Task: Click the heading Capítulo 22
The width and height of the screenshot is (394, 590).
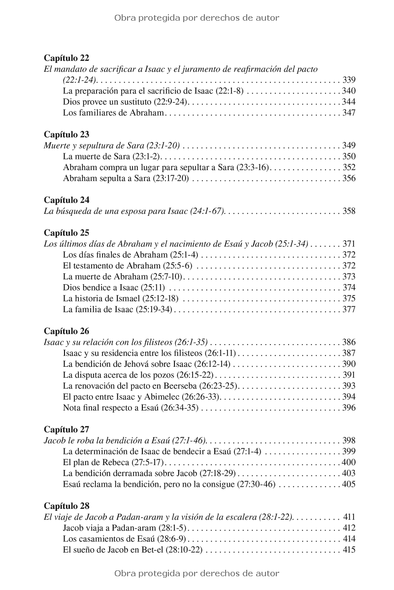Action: (x=66, y=58)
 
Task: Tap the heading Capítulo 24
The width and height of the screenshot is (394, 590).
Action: (x=66, y=200)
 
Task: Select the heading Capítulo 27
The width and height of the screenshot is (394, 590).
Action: (x=66, y=429)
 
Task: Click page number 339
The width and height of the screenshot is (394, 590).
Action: (x=349, y=80)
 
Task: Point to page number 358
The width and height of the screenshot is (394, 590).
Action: (x=349, y=211)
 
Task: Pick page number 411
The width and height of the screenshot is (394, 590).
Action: (x=349, y=517)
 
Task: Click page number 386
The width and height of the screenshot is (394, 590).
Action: (x=349, y=342)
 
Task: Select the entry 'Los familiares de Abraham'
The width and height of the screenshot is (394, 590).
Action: (x=113, y=113)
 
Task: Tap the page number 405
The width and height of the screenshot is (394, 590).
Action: (x=349, y=484)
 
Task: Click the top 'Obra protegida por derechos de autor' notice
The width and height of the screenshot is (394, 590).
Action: (x=197, y=18)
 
